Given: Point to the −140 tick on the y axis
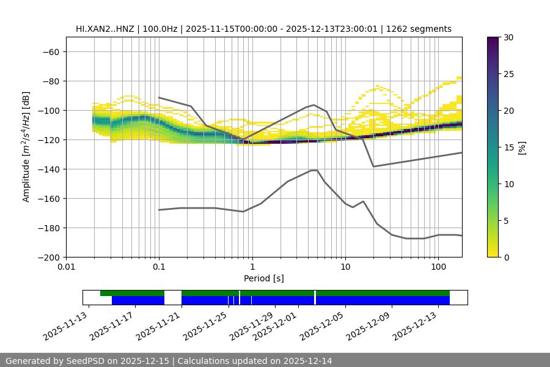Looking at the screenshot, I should click(x=49, y=169).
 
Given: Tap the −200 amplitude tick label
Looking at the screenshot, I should click(x=49, y=258).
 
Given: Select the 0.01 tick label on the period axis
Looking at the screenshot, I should click(x=66, y=267).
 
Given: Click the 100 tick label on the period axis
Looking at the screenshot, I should click(x=438, y=267).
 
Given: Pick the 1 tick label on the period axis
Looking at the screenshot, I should click(x=252, y=267).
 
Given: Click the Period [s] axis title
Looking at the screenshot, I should click(x=263, y=279).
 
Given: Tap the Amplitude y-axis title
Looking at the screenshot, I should click(x=26, y=147).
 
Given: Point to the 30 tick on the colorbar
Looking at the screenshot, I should click(x=508, y=37).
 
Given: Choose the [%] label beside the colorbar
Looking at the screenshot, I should click(x=522, y=147).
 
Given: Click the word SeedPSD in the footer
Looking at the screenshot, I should click(x=84, y=361).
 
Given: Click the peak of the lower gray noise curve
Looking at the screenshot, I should click(x=314, y=170).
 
